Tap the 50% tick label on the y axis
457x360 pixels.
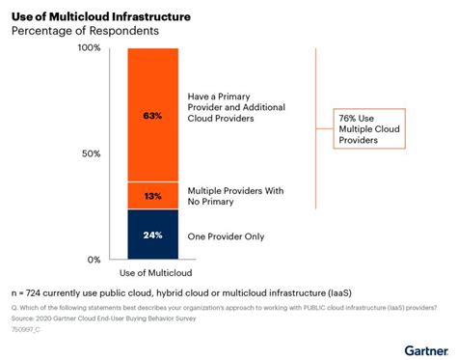point(91,153)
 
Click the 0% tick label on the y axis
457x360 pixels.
point(94,260)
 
